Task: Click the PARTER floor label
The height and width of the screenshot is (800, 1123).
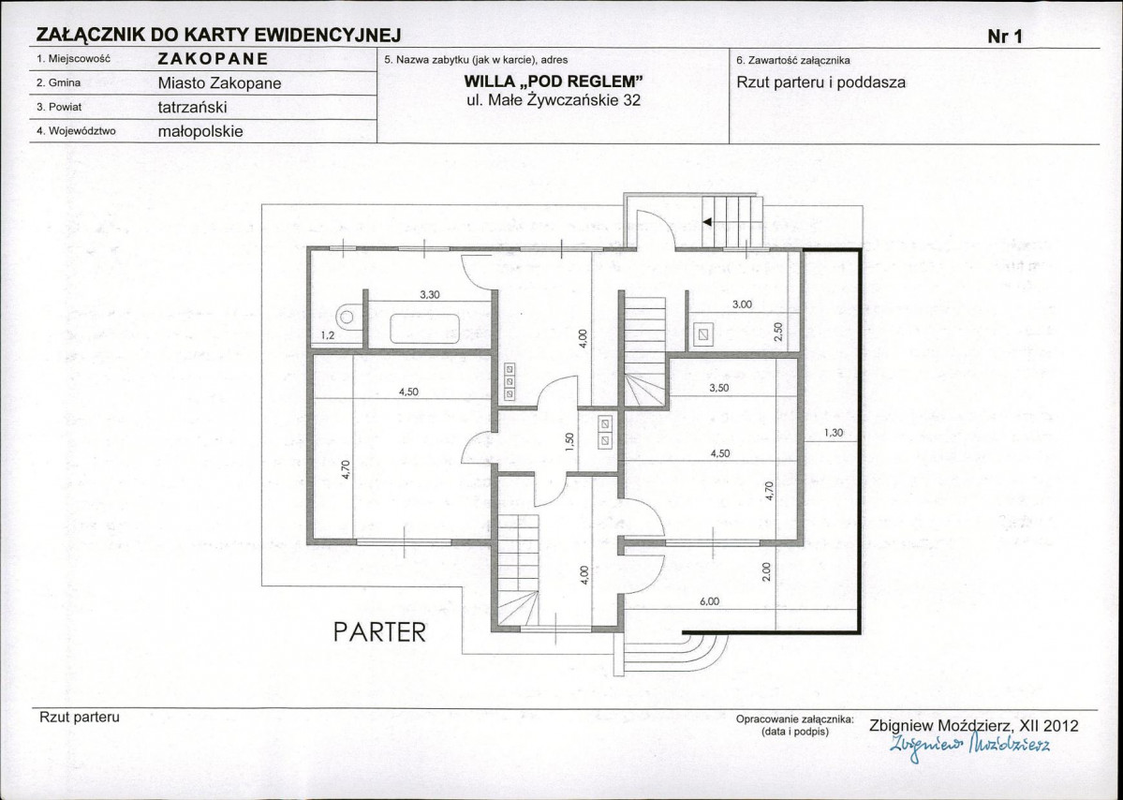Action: click(379, 631)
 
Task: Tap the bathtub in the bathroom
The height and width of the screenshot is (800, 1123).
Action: click(424, 330)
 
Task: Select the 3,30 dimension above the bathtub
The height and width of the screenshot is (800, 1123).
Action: click(429, 294)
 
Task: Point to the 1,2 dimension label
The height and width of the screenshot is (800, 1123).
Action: click(327, 335)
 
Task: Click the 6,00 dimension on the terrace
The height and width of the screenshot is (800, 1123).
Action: click(709, 601)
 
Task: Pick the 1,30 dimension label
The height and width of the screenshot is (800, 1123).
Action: click(833, 433)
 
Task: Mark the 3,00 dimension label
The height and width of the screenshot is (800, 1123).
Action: click(742, 304)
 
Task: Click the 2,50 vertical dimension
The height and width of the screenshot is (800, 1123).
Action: click(779, 331)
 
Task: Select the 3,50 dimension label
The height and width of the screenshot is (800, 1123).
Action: click(718, 388)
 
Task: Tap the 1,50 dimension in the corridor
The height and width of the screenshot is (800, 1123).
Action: click(569, 442)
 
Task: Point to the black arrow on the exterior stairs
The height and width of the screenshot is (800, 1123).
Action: click(707, 222)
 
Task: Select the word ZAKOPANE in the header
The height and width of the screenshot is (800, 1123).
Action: click(214, 59)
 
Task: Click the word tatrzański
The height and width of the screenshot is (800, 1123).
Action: click(193, 108)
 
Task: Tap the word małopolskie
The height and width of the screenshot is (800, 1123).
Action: click(200, 132)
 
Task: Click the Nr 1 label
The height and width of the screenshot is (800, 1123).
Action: click(1005, 37)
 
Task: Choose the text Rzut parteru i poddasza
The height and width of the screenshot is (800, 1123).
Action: click(820, 82)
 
